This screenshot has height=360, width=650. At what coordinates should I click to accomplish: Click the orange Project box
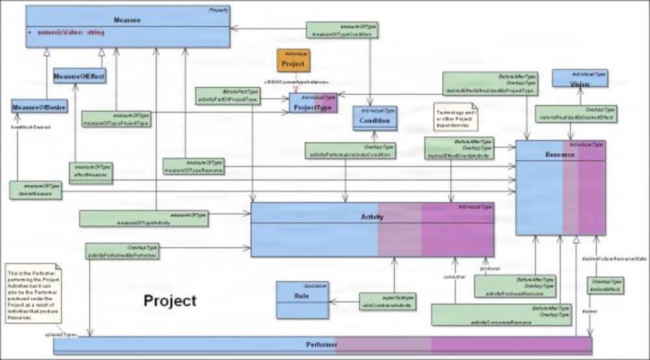[294, 60]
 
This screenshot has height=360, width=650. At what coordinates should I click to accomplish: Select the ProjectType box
[313, 104]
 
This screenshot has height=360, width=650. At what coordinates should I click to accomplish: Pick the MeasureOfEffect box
[79, 76]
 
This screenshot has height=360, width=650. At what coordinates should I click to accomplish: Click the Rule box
[302, 300]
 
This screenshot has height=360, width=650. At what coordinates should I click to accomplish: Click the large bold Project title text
[170, 301]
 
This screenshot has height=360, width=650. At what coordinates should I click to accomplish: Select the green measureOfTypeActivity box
[144, 218]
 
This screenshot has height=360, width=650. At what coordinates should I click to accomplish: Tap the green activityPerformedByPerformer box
[122, 251]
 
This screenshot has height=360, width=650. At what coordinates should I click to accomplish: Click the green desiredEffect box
[604, 287]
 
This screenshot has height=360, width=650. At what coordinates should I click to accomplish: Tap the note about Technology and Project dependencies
[456, 116]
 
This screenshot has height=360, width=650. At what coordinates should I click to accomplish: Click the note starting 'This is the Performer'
[32, 293]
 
